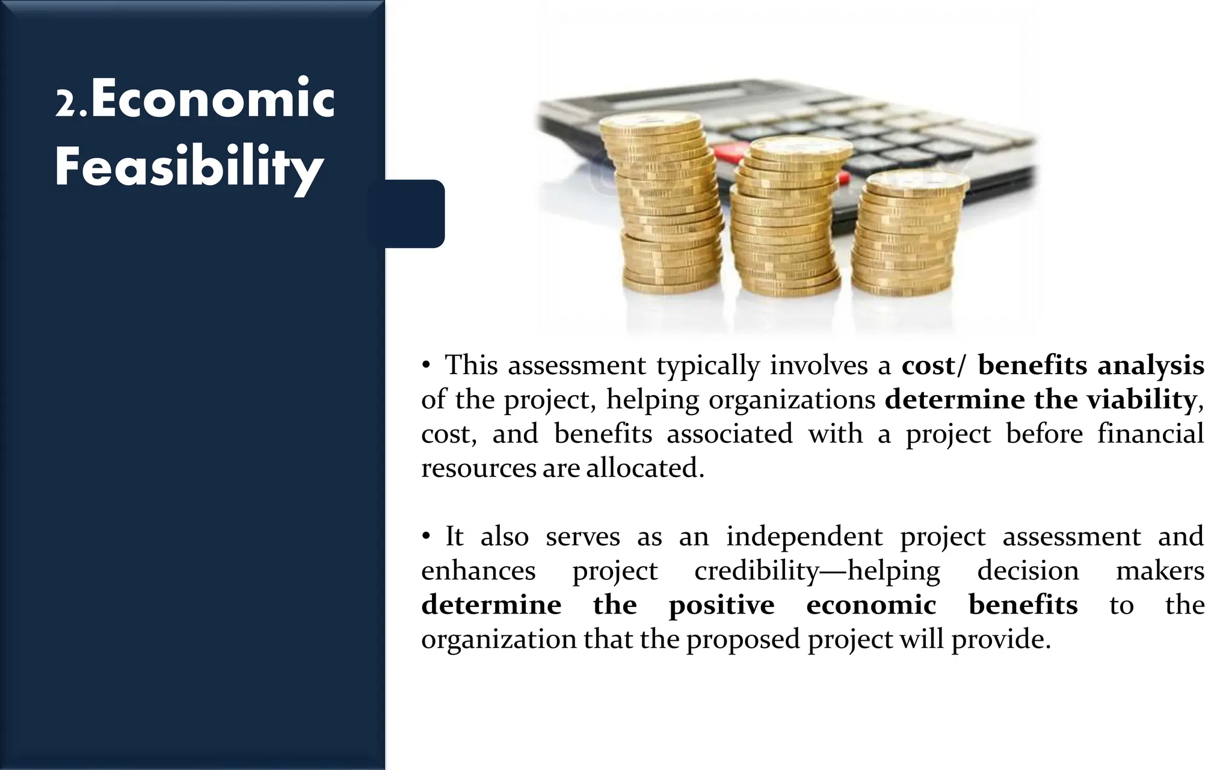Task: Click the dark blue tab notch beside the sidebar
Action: (415, 214)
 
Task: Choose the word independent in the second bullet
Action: (804, 536)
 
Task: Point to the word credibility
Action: (757, 570)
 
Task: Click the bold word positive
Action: (721, 605)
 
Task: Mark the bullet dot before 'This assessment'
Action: (425, 366)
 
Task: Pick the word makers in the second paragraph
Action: (1160, 570)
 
